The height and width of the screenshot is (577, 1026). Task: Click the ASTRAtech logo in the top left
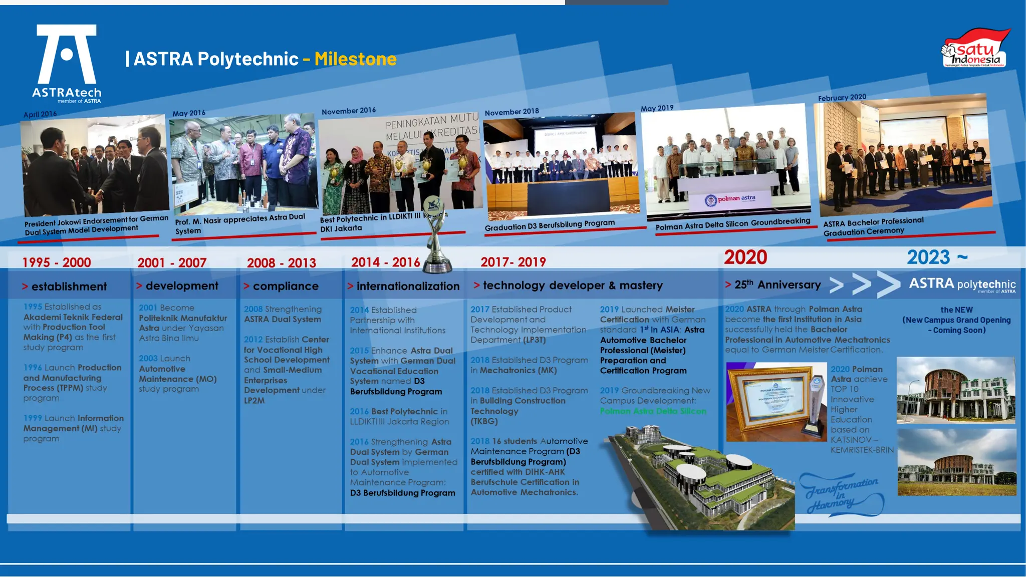[x=67, y=63]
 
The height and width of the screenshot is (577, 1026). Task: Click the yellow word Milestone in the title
[x=355, y=59]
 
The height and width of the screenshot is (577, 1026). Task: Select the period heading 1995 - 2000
[x=56, y=262]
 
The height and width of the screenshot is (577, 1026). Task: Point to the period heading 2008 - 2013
[x=281, y=262]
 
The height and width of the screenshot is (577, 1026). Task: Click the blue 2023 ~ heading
[x=936, y=257]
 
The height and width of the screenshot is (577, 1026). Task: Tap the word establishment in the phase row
[x=69, y=286]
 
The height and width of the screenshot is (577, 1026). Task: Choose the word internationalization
[x=408, y=286]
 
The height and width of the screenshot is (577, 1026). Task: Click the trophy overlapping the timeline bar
[x=435, y=235]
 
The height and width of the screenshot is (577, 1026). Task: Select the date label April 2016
[x=40, y=114]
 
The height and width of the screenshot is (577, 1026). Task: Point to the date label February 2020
[x=842, y=97]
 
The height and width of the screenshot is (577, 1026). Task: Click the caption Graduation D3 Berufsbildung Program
[x=550, y=225]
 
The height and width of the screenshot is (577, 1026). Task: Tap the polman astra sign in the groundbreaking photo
[x=731, y=199]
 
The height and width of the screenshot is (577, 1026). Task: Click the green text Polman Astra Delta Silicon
[x=653, y=411]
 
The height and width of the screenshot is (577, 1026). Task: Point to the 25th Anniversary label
[x=777, y=284]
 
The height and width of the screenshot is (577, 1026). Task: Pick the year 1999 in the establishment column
[x=33, y=418]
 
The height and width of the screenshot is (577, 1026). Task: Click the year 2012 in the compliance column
[x=253, y=340]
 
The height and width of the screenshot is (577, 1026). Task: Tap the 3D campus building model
[x=701, y=476]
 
